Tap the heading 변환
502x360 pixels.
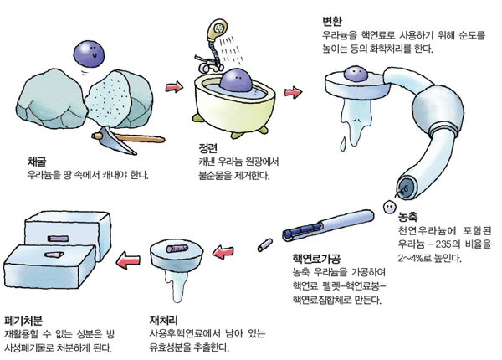(x=332, y=23)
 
